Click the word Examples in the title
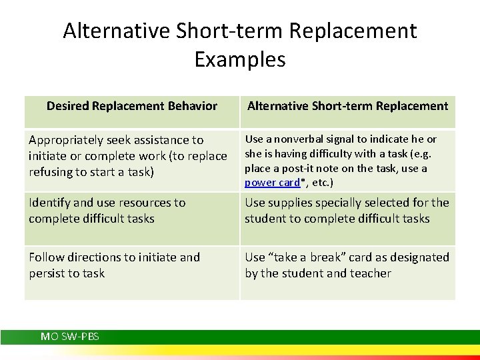coord(240,59)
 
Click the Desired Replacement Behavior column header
coord(132,106)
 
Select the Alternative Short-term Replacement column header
coord(347,106)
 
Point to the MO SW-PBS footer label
coord(70,337)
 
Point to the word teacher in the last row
coord(368,273)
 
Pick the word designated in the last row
coord(419,257)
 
